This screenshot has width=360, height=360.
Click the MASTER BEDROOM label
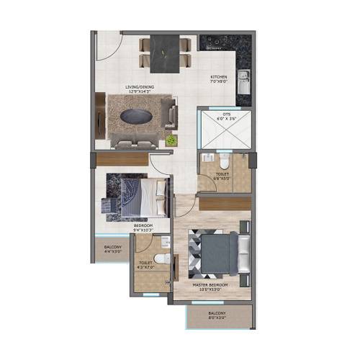pyautogui.click(x=210, y=286)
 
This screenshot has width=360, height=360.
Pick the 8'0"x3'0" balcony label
pyautogui.click(x=217, y=316)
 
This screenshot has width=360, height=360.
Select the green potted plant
pyautogui.click(x=171, y=139)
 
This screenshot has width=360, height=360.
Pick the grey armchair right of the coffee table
pyautogui.click(x=171, y=114)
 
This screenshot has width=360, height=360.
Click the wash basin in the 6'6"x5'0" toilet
pyautogui.click(x=207, y=158)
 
